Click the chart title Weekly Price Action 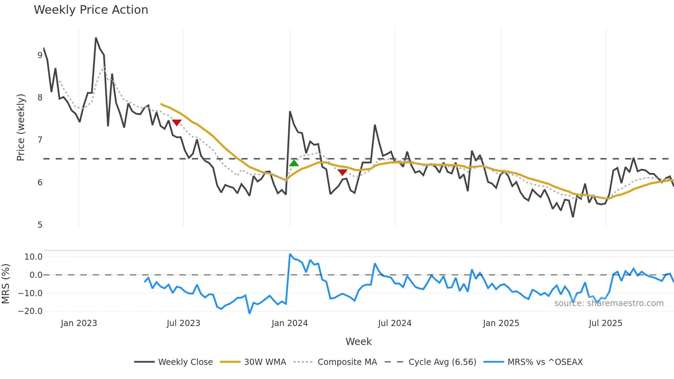[91, 10]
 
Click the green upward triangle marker [294, 163]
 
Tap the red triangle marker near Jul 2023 [176, 122]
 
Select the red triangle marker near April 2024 [342, 172]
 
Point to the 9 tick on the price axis [40, 55]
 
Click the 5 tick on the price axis [40, 225]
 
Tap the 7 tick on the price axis [40, 140]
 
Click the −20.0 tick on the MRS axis [30, 311]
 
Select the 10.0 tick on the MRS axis [33, 257]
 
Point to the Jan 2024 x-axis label [290, 323]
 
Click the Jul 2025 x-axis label [606, 323]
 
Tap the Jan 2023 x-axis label [79, 323]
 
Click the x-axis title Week [358, 342]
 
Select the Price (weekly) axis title [21, 127]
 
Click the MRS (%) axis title [6, 284]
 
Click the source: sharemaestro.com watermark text [609, 303]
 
